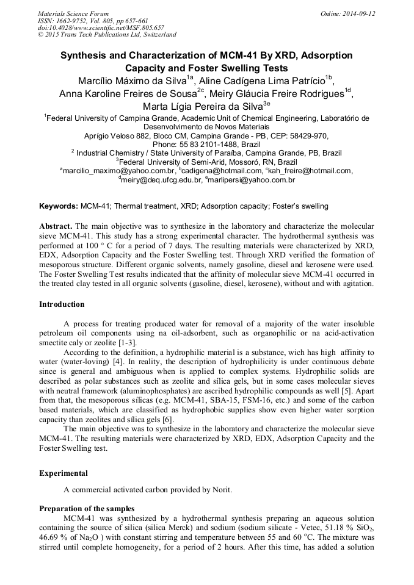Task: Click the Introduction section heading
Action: (x=62, y=304)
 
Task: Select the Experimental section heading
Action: (x=63, y=473)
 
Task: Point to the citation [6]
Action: (x=168, y=418)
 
